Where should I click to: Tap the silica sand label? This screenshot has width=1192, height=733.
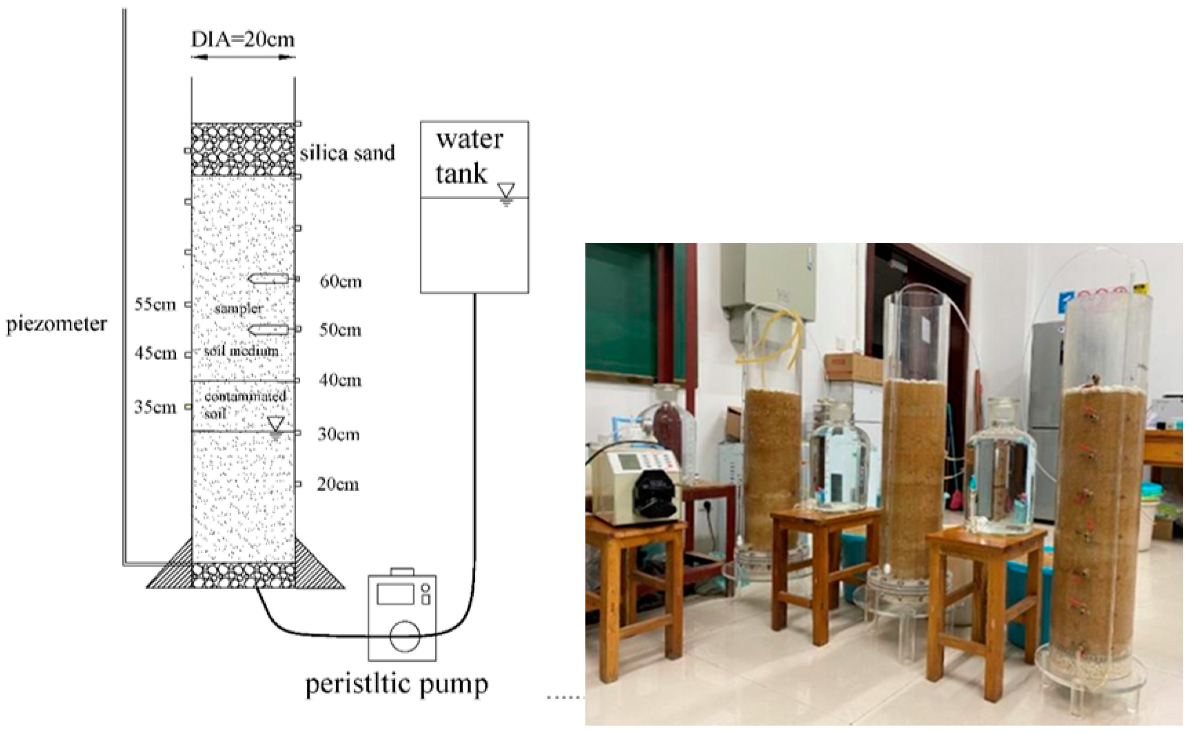(x=347, y=153)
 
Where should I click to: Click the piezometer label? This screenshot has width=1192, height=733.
(x=56, y=324)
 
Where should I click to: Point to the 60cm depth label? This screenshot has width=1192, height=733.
(x=341, y=282)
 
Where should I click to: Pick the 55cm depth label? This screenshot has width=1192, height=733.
(x=155, y=305)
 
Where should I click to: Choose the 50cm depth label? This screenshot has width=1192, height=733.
(x=340, y=330)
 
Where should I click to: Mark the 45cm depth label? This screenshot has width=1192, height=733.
(x=155, y=354)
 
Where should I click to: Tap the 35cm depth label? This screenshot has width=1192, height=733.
(x=155, y=407)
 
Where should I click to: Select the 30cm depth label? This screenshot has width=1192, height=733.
(x=339, y=434)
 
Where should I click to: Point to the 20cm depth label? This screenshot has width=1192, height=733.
(x=338, y=484)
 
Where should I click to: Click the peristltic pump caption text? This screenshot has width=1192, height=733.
(x=397, y=684)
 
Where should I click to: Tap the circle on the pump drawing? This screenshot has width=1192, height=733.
(x=405, y=637)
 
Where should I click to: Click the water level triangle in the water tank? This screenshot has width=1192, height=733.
(x=506, y=190)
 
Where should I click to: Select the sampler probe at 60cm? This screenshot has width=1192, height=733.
(x=268, y=279)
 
